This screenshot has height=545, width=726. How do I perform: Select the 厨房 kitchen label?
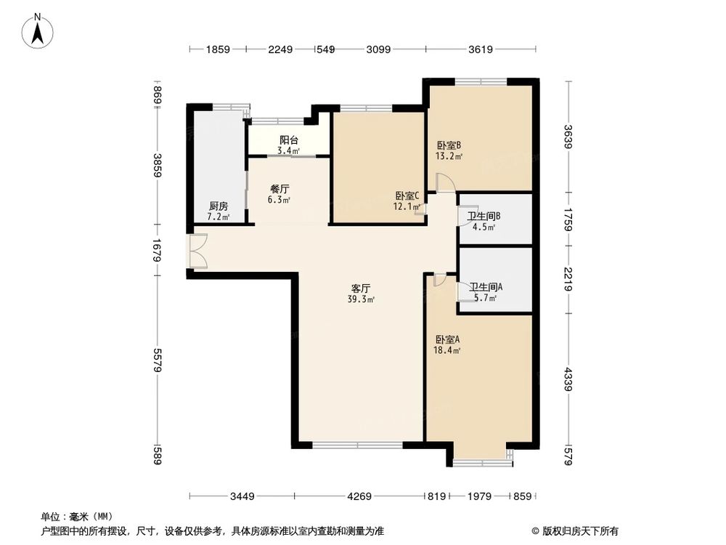pyautogui.click(x=218, y=206)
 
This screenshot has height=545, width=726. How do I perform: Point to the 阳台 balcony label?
pyautogui.click(x=289, y=140)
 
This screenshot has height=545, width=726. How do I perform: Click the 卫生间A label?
pyautogui.click(x=486, y=287)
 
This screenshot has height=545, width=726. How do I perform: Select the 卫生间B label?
pyautogui.click(x=484, y=216)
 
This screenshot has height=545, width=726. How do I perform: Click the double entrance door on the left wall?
pyautogui.click(x=197, y=251)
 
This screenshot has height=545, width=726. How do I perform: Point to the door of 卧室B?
pyautogui.click(x=446, y=184)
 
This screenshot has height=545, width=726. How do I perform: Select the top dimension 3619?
pyautogui.click(x=481, y=49)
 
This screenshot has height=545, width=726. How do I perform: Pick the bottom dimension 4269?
pyautogui.click(x=359, y=497)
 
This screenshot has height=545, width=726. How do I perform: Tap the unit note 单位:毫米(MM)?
pyautogui.click(x=71, y=517)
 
